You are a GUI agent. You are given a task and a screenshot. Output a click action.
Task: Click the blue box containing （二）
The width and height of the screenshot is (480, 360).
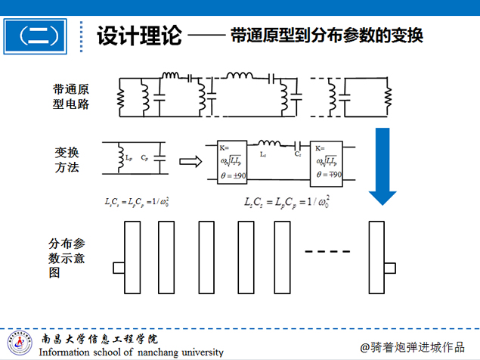point(41,36)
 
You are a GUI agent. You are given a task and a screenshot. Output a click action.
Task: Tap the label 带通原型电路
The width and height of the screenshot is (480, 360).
point(67,97)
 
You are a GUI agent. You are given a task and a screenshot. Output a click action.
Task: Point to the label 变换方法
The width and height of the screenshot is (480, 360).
point(67,158)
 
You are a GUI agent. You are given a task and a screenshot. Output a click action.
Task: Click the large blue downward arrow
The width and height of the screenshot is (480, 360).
point(382,166)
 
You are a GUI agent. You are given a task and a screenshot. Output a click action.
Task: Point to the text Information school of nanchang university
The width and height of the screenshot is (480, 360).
point(132,352)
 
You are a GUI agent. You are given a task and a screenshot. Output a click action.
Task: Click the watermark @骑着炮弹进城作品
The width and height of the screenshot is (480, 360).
point(412,346)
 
